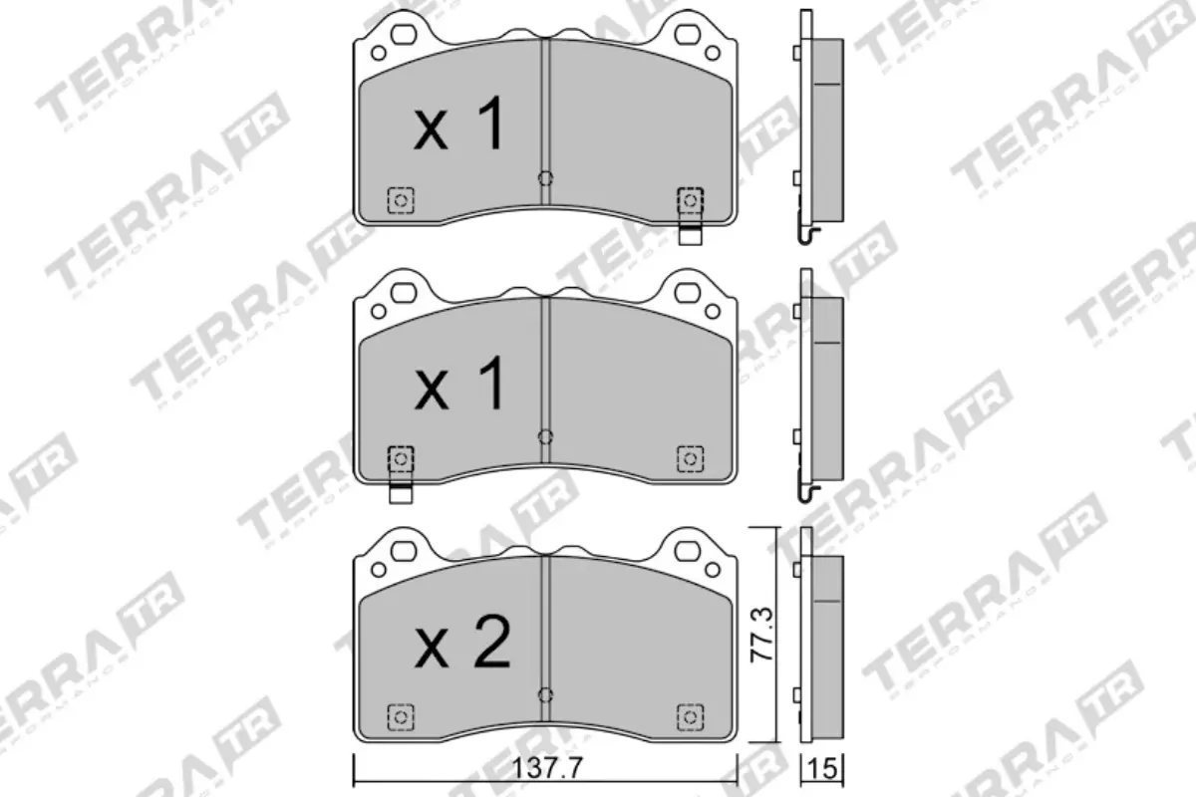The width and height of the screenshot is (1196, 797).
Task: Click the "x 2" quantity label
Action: [462, 644]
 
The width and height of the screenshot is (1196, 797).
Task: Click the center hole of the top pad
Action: [544, 178]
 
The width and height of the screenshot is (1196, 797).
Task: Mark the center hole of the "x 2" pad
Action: [544, 694]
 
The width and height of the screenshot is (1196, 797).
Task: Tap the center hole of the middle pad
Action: [544, 436]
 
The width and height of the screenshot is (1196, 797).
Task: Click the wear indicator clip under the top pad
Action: [689, 236]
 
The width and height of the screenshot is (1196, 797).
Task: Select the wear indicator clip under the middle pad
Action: [401, 493]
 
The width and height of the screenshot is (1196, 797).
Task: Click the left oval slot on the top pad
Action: [404, 36]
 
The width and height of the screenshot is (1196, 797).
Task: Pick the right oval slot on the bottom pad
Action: [688, 551]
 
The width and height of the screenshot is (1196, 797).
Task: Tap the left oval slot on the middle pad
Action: [404, 294]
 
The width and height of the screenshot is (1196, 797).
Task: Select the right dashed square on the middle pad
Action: [689, 458]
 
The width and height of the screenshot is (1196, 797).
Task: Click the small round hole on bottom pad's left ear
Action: [378, 568]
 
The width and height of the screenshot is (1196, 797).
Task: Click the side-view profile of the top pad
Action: [823, 130]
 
